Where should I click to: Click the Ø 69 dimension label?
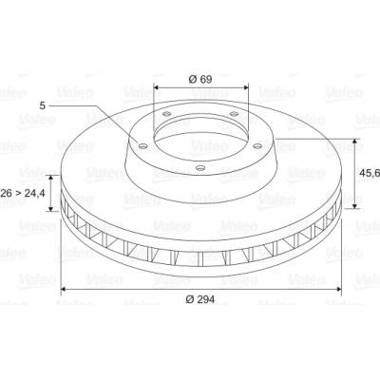pyautogui.click(x=200, y=79)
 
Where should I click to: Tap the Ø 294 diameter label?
pyautogui.click(x=200, y=299)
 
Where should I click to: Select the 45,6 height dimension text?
pyautogui.click(x=370, y=173)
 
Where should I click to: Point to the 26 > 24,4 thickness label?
pyautogui.click(x=23, y=193)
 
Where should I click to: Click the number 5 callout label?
pyautogui.click(x=43, y=105)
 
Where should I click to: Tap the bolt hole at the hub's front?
pyautogui.click(x=200, y=167)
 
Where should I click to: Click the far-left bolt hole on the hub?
pyautogui.click(x=143, y=146)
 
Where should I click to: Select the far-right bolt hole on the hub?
pyautogui.click(x=258, y=146)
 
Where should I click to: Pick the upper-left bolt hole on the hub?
pyautogui.click(x=166, y=114)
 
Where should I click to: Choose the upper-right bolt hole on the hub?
pyautogui.click(x=234, y=114)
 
